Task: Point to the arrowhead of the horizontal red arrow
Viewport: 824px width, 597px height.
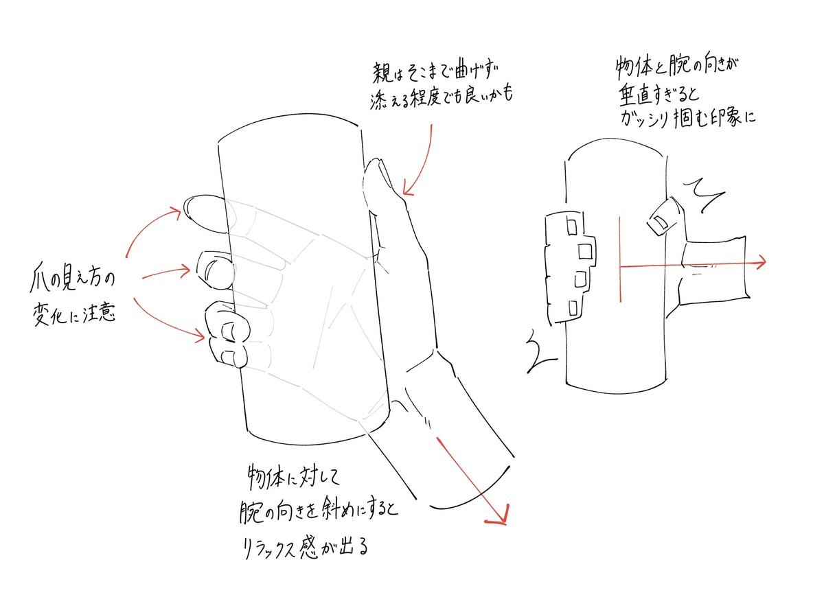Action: (x=761, y=261)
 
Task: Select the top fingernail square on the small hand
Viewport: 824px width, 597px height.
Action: (x=569, y=224)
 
